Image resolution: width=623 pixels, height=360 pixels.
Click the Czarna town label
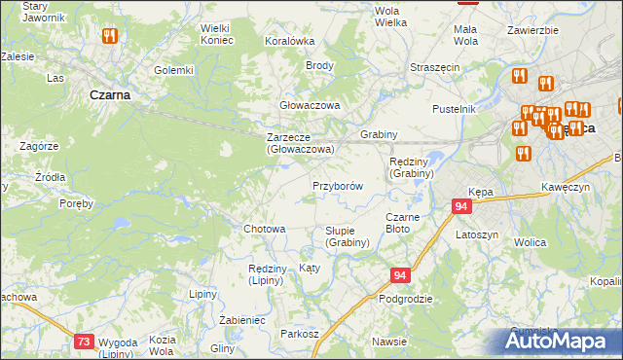click(109, 95)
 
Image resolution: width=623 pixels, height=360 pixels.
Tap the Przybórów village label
click(338, 185)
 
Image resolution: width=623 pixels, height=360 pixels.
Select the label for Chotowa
click(264, 229)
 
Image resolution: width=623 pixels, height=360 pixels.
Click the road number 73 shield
click(85, 341)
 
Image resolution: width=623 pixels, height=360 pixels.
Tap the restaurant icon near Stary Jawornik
click(108, 36)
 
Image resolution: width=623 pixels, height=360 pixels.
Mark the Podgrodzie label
click(406, 299)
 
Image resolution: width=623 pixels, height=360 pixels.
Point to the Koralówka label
click(290, 42)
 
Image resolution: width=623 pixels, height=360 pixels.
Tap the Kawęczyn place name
click(567, 187)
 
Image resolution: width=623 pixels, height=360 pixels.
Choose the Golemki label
click(174, 70)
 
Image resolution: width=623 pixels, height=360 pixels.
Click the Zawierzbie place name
click(532, 30)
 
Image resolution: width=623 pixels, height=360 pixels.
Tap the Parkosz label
click(300, 334)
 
